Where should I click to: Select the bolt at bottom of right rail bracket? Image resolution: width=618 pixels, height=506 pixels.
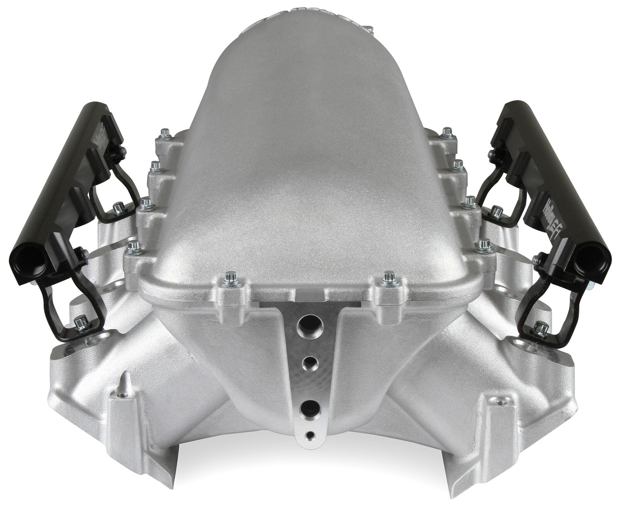pos(537,327)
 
